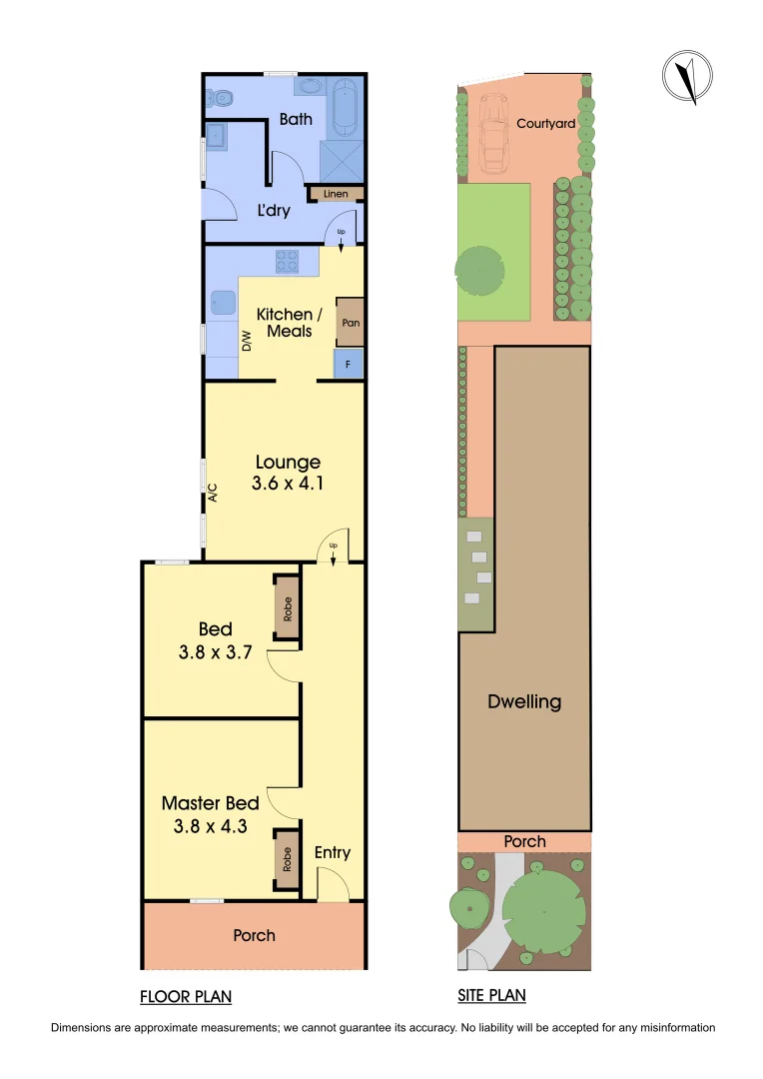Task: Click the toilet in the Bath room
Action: pos(220,98)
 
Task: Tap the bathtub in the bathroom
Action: pos(345,108)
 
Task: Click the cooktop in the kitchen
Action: pos(288,261)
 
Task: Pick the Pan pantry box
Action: pos(351,323)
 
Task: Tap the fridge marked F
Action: pos(348,365)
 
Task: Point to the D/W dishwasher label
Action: pos(246,341)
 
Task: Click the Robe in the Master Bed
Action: pos(287,860)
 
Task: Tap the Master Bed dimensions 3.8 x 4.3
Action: pos(211,826)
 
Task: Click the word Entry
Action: pos(333,852)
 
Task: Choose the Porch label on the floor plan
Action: pos(254,935)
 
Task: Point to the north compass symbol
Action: pos(688,77)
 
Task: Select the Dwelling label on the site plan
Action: pos(524,701)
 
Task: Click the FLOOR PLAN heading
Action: pos(186,996)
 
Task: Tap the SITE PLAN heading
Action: pos(491,996)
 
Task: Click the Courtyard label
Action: pos(545,124)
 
